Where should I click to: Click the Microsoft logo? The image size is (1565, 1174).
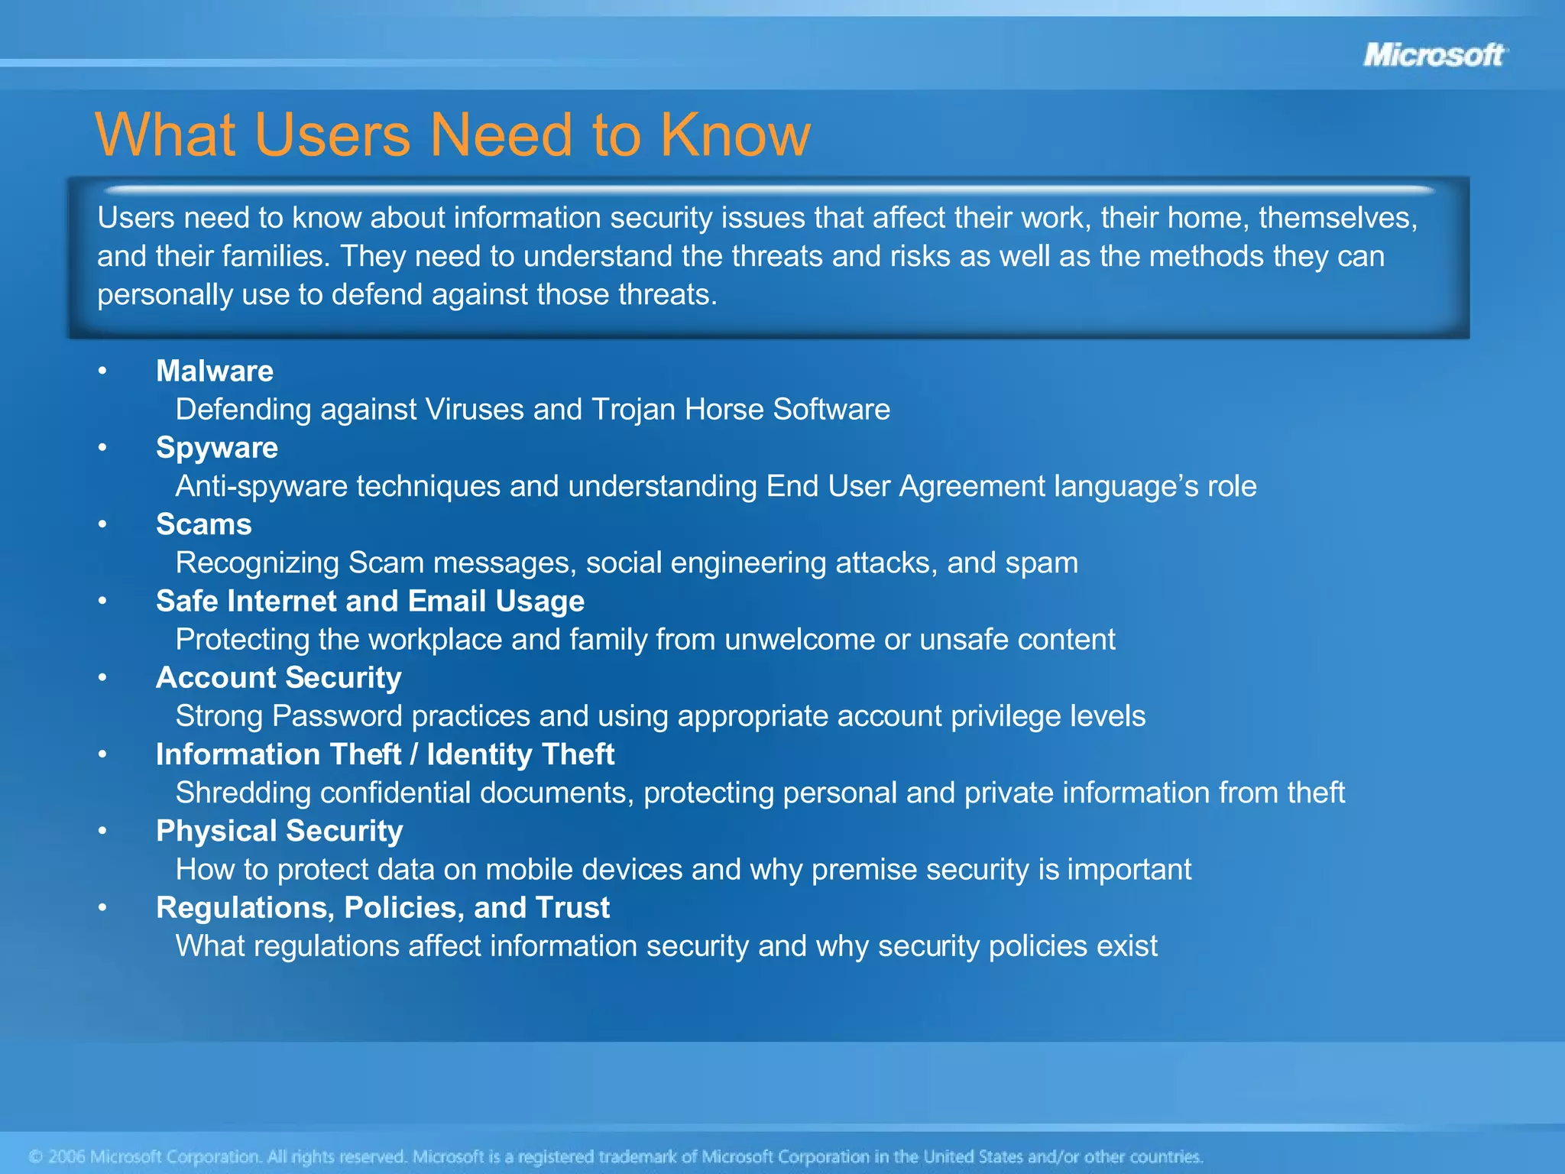point(1434,55)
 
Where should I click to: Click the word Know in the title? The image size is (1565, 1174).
point(734,135)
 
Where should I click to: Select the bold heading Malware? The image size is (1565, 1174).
point(215,371)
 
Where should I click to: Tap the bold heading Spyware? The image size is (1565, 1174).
point(217,448)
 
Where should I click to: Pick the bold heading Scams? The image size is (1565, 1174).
point(204,524)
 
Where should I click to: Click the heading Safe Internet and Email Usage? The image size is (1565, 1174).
point(370,601)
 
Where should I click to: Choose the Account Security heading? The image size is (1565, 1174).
point(279,678)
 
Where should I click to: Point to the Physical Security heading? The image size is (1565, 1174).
point(280,831)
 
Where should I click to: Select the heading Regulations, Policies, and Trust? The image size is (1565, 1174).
point(383,907)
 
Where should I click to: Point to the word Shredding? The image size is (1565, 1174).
point(243,793)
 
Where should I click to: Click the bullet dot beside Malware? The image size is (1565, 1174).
point(102,371)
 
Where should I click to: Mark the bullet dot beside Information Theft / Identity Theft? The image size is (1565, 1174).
point(102,754)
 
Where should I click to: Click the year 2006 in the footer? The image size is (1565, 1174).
point(66,1156)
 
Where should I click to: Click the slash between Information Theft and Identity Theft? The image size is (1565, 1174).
point(413,754)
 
